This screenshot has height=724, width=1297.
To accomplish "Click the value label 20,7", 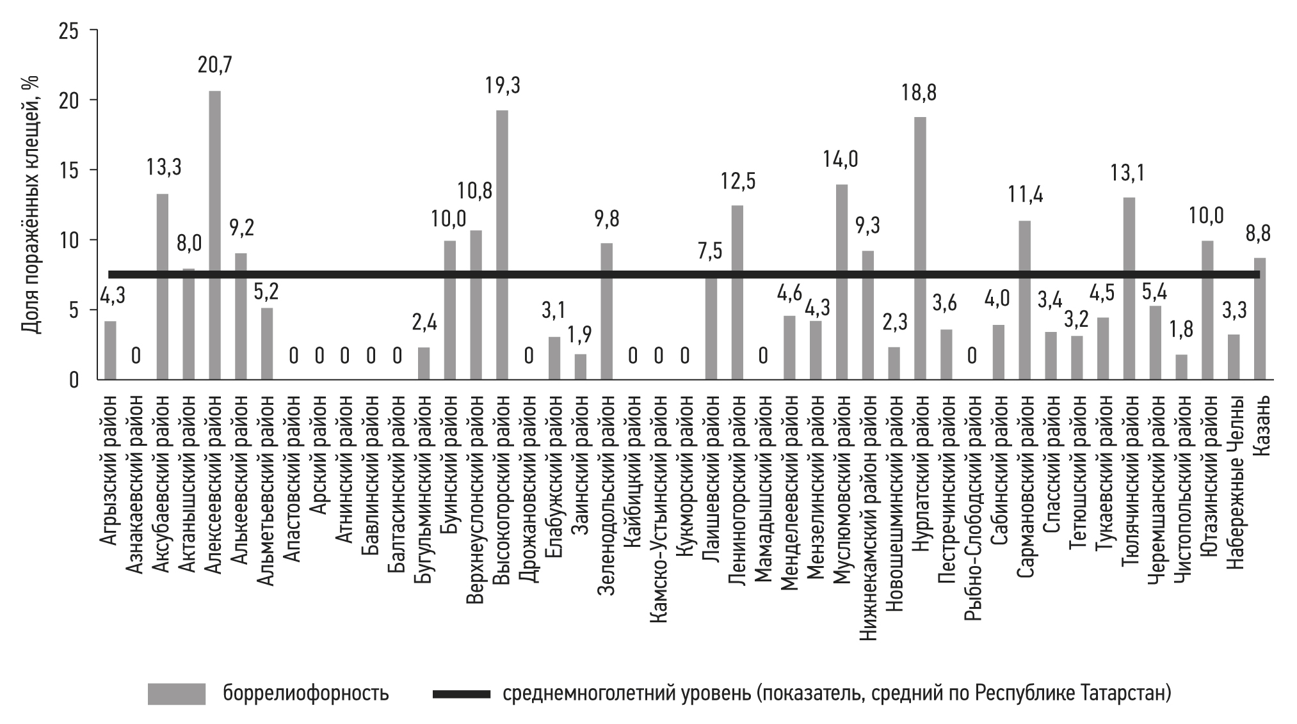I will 215,65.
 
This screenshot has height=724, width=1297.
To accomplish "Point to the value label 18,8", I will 920,93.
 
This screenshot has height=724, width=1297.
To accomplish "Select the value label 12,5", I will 738,181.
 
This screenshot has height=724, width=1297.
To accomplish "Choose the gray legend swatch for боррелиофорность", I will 176,694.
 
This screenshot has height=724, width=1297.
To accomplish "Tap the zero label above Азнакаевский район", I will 136,356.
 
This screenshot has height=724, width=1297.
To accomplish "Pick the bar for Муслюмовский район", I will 842,282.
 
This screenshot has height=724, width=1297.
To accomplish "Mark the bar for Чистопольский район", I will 1182,367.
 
